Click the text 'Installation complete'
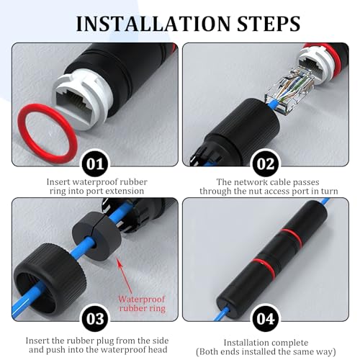click(265, 342)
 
